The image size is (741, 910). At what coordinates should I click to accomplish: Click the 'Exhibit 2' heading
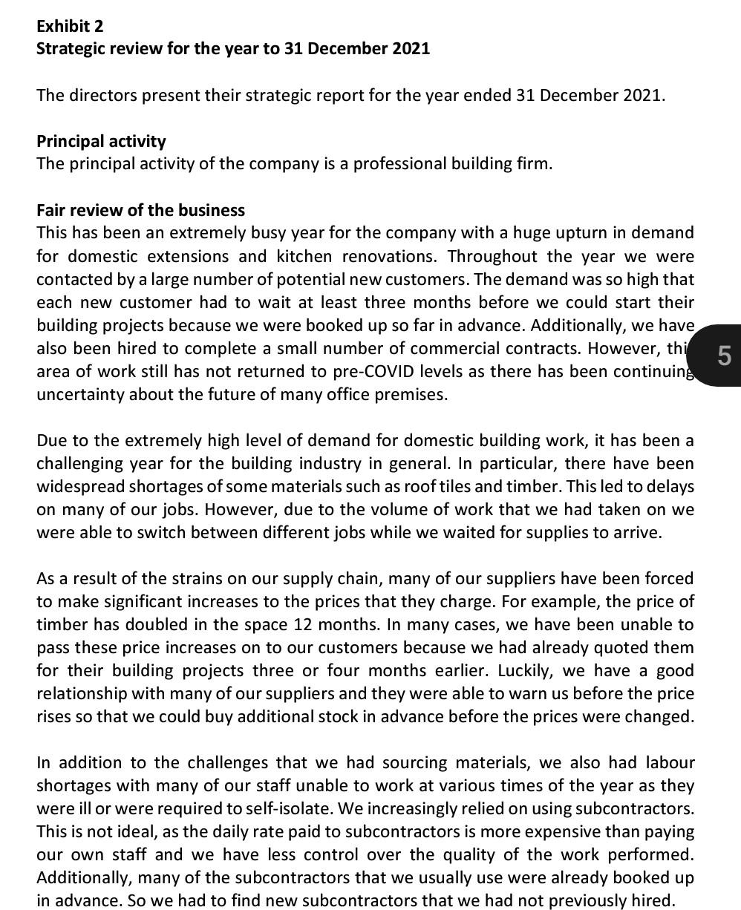pyautogui.click(x=70, y=26)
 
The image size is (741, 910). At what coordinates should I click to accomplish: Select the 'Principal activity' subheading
pyautogui.click(x=101, y=141)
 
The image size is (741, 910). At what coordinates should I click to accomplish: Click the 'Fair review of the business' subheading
pyautogui.click(x=140, y=210)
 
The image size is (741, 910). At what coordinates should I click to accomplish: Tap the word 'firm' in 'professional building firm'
pyautogui.click(x=534, y=164)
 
